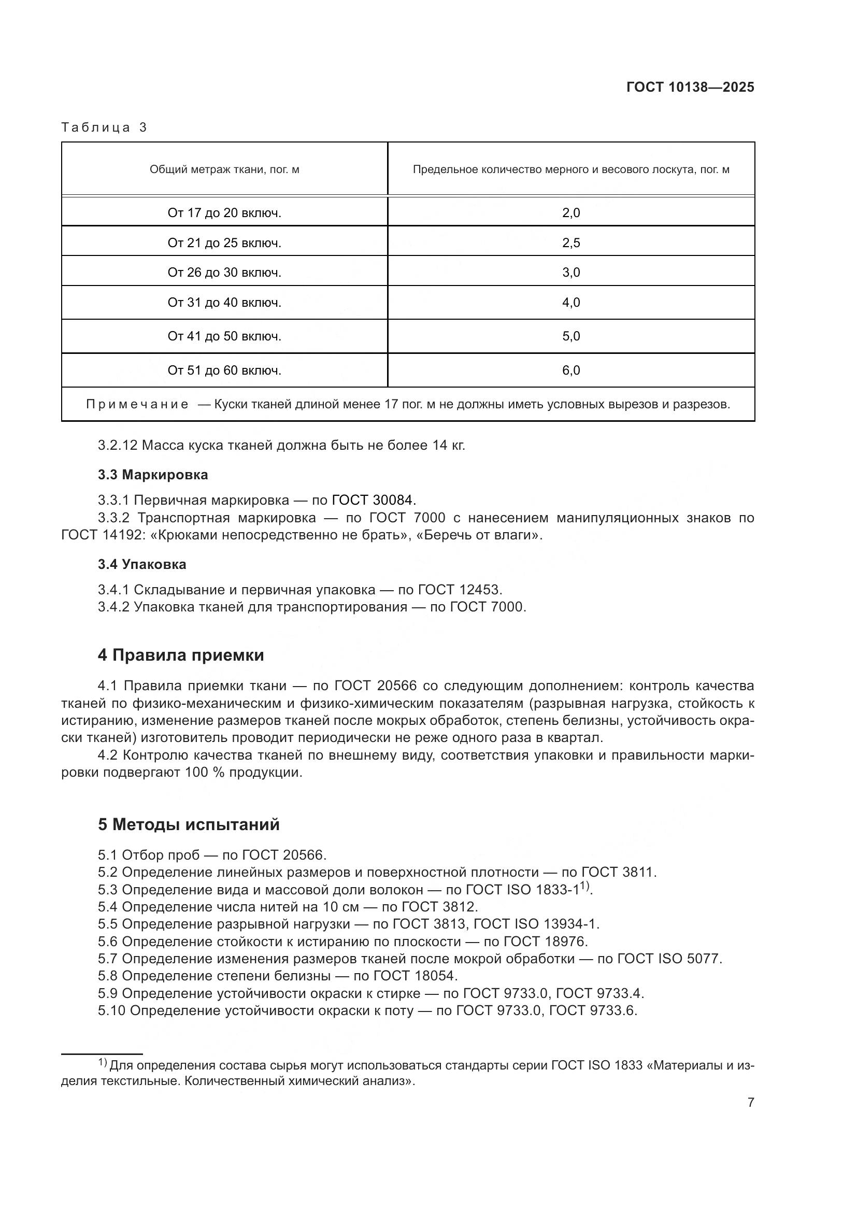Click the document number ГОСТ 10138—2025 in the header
pos(690,88)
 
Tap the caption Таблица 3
pos(104,127)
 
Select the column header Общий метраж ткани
pos(224,169)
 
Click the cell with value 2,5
pos(570,243)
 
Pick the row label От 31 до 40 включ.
pos(224,303)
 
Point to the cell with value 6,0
pos(570,370)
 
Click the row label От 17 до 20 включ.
pos(224,213)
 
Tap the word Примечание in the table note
pos(137,404)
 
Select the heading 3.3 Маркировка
pos(152,475)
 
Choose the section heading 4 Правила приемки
pos(180,655)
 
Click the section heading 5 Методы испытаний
pos(189,824)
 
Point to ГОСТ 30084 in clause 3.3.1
pos(374,500)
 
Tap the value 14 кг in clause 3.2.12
pos(448,446)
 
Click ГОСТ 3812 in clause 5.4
pos(439,907)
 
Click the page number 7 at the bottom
pos(750,1103)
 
